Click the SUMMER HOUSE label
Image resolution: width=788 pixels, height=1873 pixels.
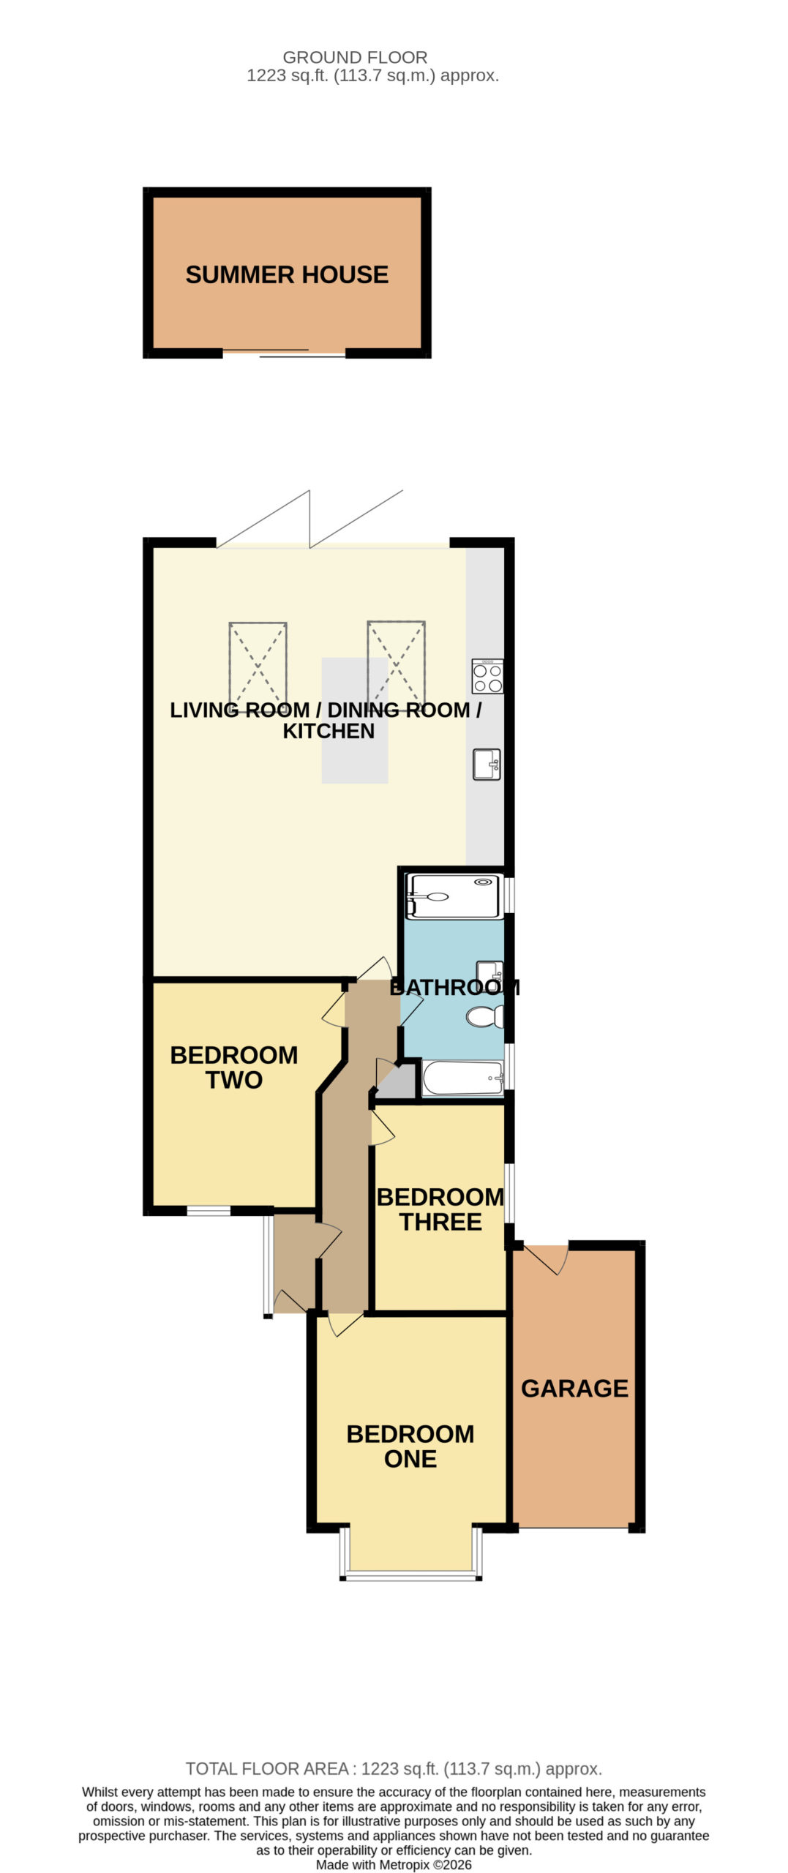coord(286,274)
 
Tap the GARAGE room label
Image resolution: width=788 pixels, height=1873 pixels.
coord(574,1388)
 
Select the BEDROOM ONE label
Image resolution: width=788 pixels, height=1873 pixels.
coord(410,1446)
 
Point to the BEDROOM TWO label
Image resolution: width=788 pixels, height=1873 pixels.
coord(233,1067)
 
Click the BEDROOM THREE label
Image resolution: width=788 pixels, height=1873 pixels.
coord(440,1209)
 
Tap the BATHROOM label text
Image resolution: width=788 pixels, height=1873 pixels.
coord(454,987)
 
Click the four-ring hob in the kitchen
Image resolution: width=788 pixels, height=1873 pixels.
coord(487,676)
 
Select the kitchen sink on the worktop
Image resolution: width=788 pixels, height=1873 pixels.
coord(487,764)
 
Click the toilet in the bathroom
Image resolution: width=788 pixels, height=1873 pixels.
coord(485,1016)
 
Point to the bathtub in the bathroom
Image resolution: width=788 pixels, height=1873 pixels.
coord(463,1078)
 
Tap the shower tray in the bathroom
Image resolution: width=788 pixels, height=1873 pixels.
coord(454,896)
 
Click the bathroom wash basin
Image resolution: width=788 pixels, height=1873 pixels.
coord(489,971)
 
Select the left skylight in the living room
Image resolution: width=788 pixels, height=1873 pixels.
coord(258,664)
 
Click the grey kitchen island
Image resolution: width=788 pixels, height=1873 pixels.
coord(354,720)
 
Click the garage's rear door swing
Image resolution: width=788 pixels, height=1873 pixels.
coord(546,1258)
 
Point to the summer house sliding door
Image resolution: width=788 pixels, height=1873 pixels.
coord(284,353)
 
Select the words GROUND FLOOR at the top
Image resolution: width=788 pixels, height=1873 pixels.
coord(355,57)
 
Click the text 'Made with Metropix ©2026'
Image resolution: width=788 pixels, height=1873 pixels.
coord(394,1864)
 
